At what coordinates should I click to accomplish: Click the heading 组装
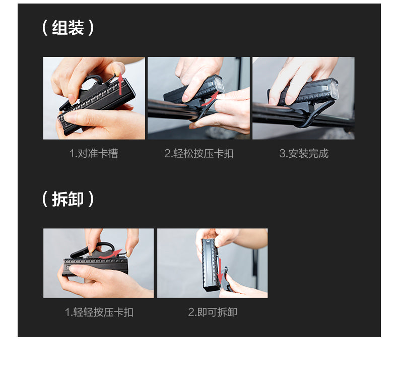click(x=68, y=28)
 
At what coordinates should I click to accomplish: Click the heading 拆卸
click(x=68, y=199)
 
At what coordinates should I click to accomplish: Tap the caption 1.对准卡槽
click(x=94, y=153)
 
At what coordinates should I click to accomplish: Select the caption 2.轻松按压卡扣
click(x=198, y=153)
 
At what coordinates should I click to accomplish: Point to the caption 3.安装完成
click(x=304, y=153)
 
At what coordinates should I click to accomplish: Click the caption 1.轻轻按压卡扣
click(x=99, y=312)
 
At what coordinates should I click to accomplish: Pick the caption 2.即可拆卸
click(x=213, y=312)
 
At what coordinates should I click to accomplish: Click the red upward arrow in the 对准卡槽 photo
click(x=120, y=85)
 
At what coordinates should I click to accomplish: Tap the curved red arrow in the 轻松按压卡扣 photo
click(x=210, y=99)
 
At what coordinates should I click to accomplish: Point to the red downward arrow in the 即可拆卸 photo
click(x=220, y=271)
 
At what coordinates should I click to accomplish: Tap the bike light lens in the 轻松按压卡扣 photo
click(x=218, y=84)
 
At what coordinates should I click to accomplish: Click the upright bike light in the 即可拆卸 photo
click(x=210, y=264)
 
